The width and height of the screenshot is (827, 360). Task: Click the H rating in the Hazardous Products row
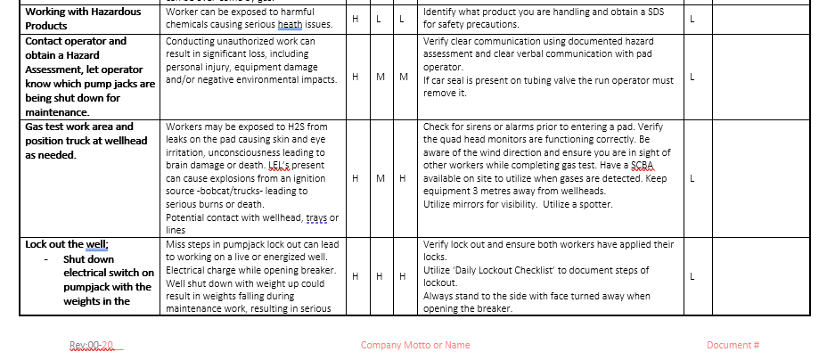(x=356, y=19)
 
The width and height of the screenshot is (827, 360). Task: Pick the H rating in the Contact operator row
(x=356, y=77)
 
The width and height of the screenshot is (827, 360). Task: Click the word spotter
(x=594, y=204)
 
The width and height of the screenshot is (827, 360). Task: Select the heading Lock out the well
(x=67, y=244)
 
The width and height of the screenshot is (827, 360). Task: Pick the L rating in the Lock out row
(x=692, y=276)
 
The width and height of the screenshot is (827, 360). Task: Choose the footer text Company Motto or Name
(x=415, y=346)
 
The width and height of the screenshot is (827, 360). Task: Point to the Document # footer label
(x=733, y=346)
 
